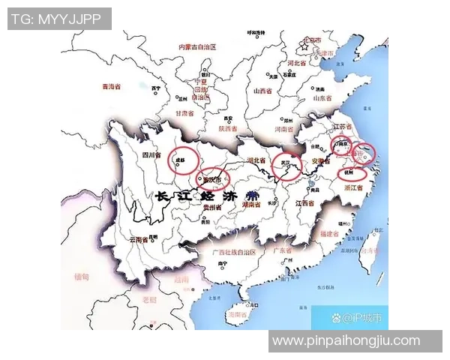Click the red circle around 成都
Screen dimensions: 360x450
[x=182, y=160]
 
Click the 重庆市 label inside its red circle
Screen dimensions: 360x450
[x=212, y=180]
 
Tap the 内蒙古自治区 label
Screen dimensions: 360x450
[x=201, y=46]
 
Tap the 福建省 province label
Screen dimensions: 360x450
[x=330, y=234]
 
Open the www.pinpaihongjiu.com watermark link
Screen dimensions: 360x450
[x=346, y=341]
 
